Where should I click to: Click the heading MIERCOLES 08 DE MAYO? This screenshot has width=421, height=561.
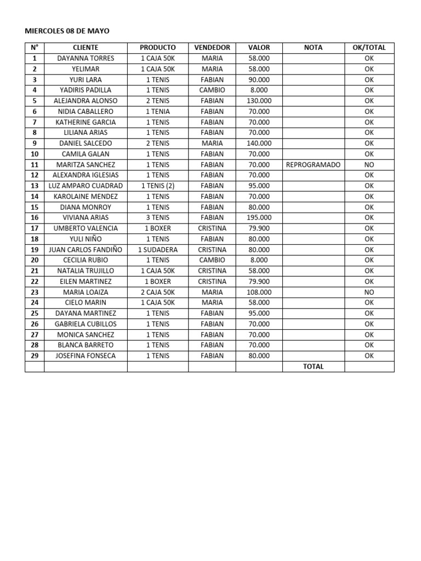[67, 31]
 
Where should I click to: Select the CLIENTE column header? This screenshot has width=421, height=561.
[86, 48]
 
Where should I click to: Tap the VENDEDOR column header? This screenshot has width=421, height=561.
[212, 48]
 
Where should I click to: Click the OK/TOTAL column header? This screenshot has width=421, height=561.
[369, 48]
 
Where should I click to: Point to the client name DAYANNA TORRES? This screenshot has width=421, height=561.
[86, 58]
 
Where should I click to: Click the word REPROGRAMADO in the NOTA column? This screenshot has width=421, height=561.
[313, 164]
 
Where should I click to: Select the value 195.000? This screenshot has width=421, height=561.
[259, 217]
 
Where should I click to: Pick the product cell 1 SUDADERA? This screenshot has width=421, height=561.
[158, 249]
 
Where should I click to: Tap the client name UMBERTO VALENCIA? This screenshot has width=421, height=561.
[86, 228]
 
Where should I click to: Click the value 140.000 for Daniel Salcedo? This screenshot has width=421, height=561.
[259, 143]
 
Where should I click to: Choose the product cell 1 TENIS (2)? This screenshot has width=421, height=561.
[158, 186]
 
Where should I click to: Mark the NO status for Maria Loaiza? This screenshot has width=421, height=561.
[369, 292]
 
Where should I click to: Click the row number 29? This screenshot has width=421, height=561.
[35, 356]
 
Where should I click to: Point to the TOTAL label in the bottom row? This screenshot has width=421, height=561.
[313, 367]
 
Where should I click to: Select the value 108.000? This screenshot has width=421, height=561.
[259, 292]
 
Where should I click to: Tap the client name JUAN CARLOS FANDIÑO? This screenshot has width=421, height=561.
[86, 249]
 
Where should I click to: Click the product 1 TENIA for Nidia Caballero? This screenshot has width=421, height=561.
[158, 111]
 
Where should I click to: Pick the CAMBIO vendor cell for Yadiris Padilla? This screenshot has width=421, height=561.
[212, 90]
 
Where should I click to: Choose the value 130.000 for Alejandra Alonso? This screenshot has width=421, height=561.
[259, 101]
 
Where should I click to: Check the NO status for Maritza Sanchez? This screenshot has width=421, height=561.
[369, 164]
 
